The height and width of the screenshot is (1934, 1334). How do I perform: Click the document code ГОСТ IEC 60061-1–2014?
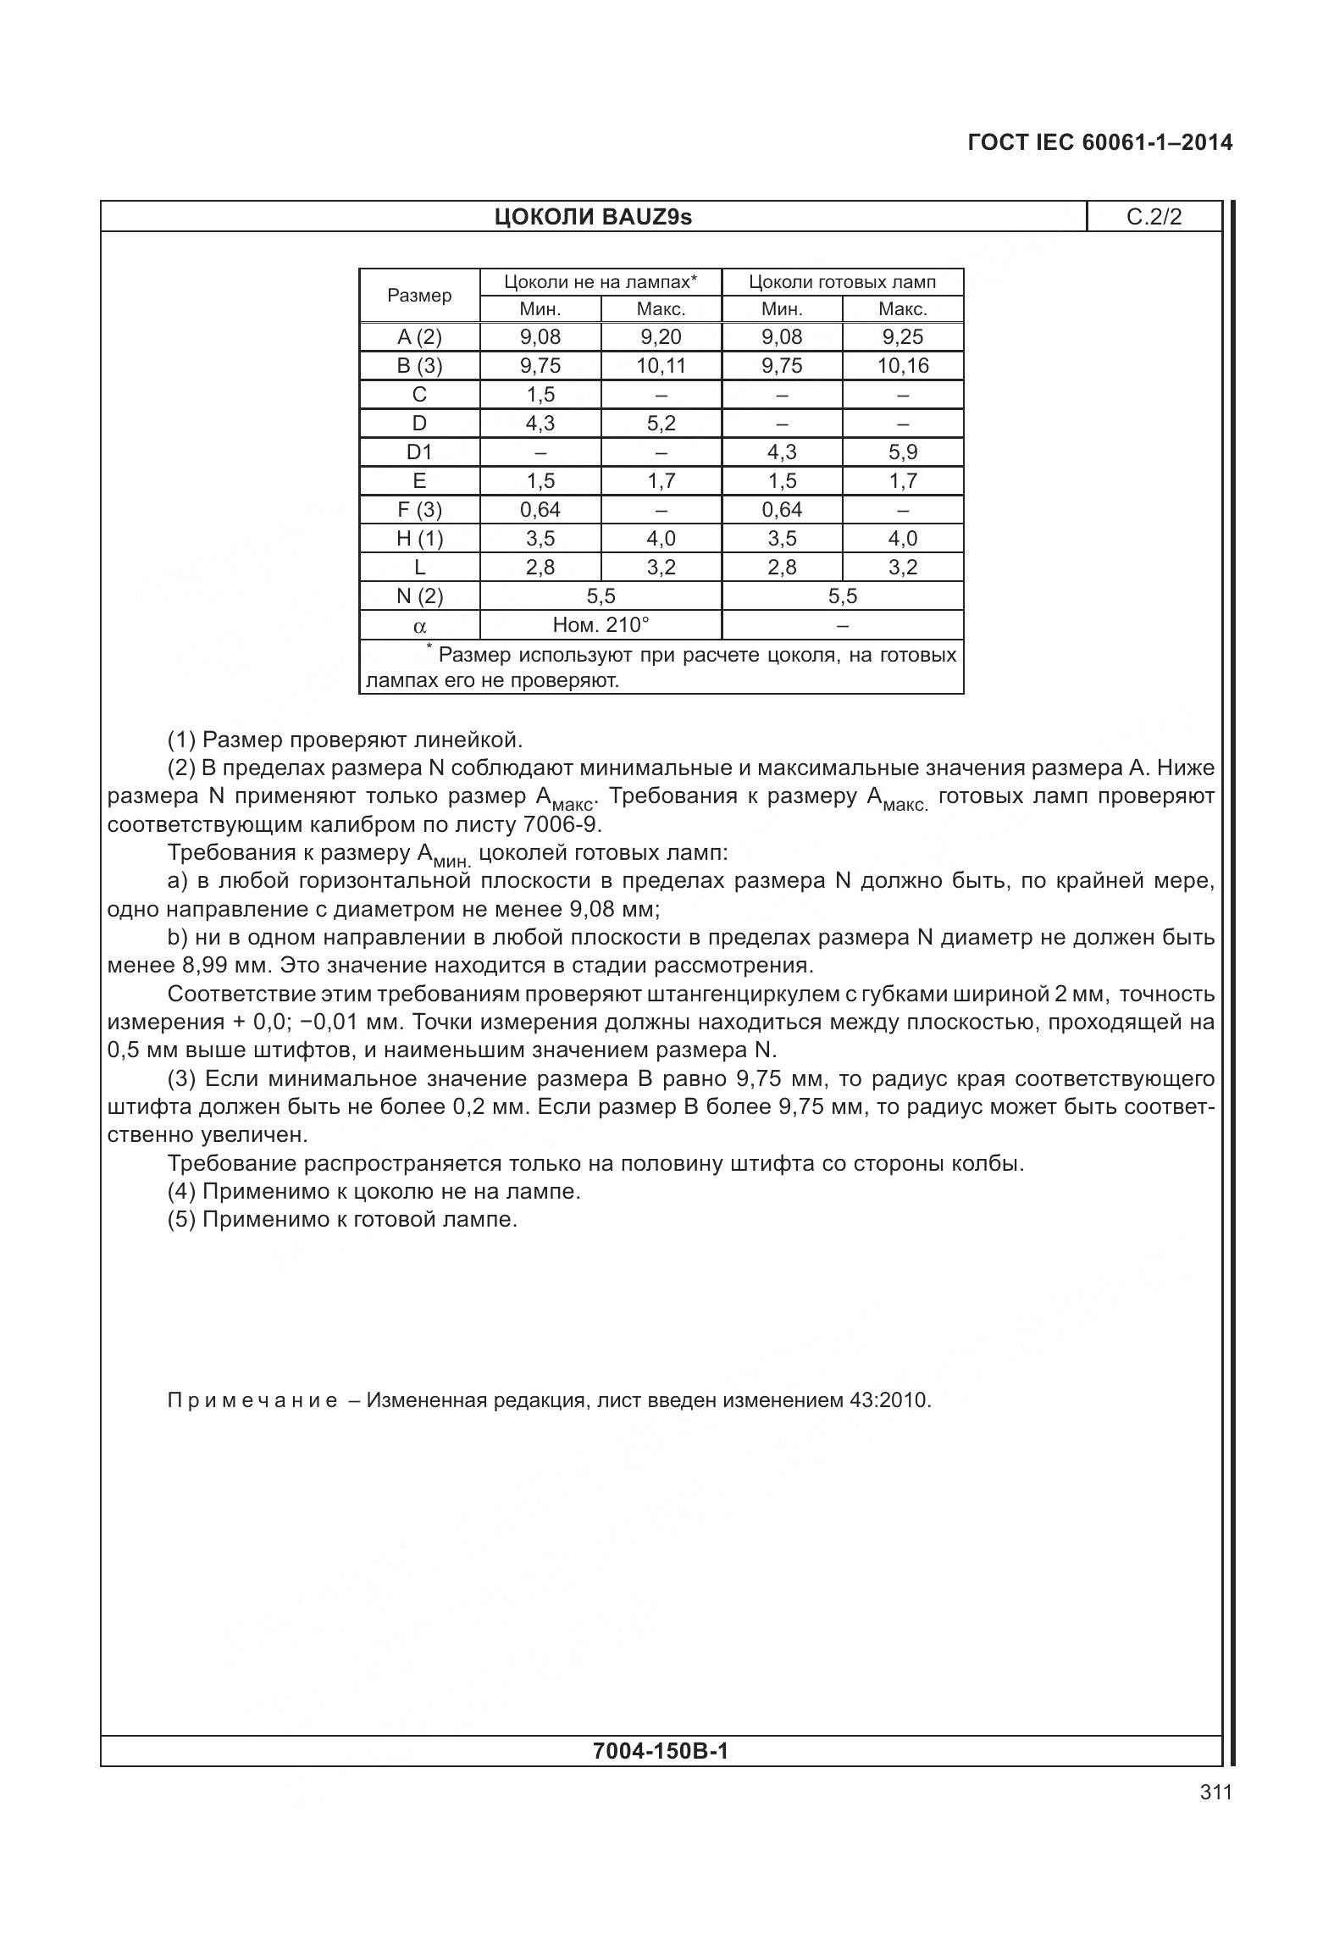(x=1099, y=142)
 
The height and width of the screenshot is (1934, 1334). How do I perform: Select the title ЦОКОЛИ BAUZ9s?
(x=593, y=218)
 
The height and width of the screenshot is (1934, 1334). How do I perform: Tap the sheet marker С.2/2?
(x=1154, y=218)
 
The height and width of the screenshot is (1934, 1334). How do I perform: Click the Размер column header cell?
(x=419, y=296)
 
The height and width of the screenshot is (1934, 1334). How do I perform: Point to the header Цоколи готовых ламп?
(x=842, y=282)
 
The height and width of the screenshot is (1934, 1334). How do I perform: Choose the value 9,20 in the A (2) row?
(x=661, y=337)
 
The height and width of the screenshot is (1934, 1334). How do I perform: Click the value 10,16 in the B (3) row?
(x=903, y=366)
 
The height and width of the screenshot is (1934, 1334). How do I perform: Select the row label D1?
(x=419, y=452)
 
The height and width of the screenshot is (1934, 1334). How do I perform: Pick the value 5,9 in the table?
(x=903, y=452)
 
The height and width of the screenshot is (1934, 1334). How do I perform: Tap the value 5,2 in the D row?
(x=661, y=424)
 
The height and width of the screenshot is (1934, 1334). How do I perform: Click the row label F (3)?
(x=419, y=510)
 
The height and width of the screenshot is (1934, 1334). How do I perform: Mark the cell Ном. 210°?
(x=601, y=625)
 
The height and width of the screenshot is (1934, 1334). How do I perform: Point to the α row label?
(x=419, y=627)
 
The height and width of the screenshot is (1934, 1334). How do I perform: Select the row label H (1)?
(x=419, y=539)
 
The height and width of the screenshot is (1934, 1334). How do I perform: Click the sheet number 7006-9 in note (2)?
(x=562, y=824)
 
